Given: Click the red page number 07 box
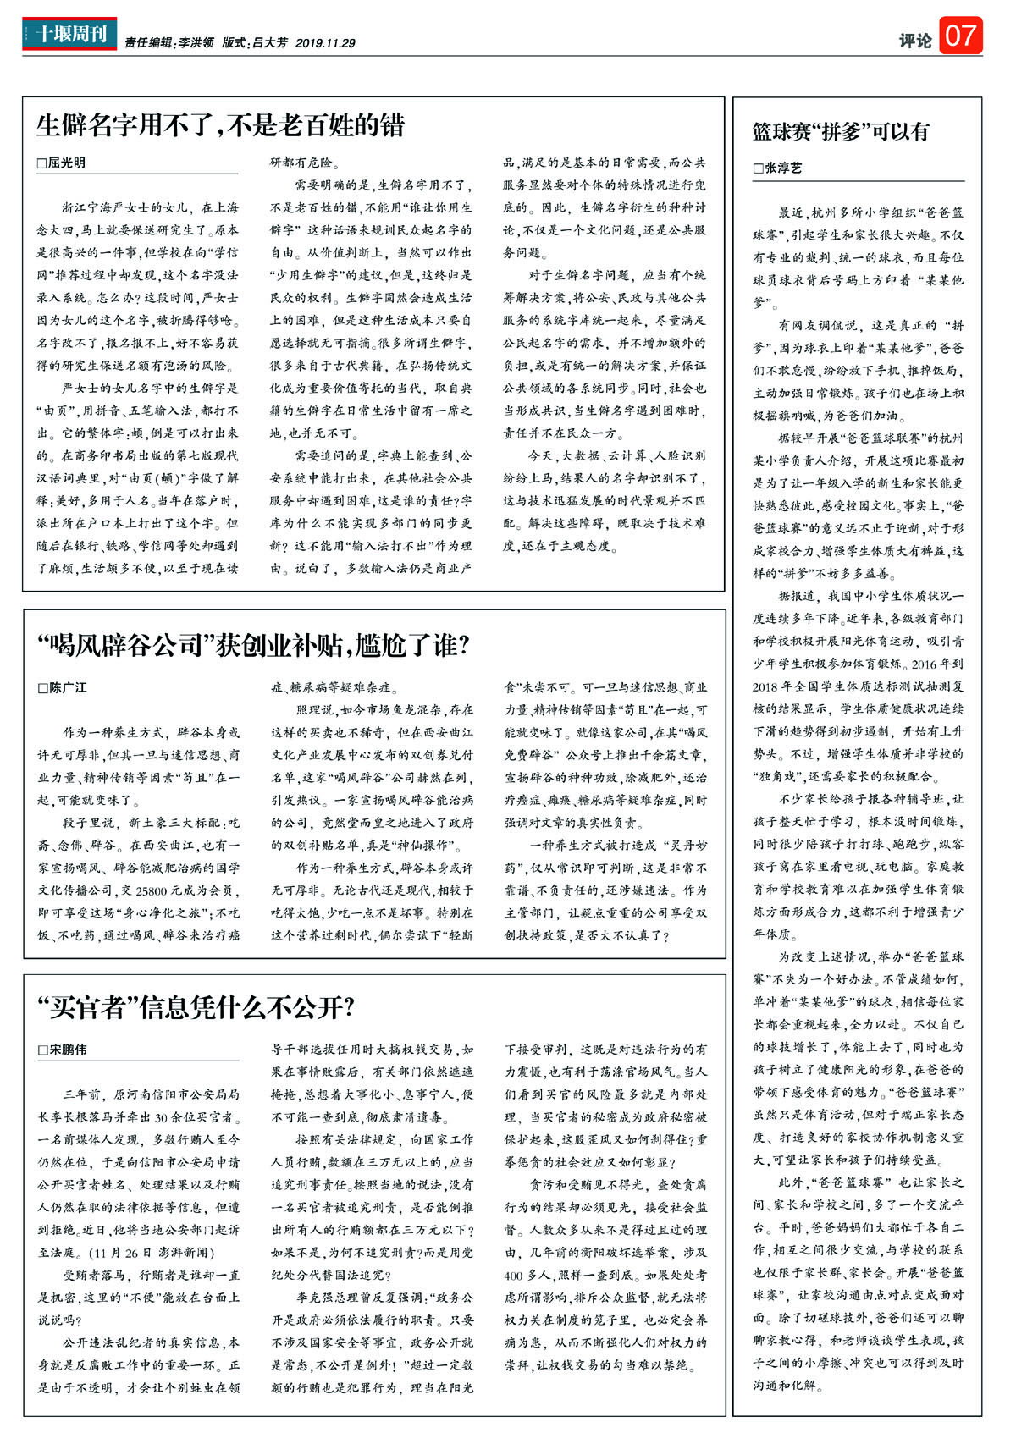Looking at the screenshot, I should tap(960, 36).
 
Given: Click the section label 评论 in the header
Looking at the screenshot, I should tap(915, 40).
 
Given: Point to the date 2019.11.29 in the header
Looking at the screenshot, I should tap(325, 43).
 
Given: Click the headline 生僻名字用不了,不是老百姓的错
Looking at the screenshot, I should tap(221, 125).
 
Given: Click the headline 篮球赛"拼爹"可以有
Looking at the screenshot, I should tap(841, 131).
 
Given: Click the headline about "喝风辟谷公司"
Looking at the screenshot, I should tap(253, 647).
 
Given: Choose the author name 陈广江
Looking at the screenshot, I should tap(68, 687).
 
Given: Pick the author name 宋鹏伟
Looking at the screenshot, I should tap(68, 1050).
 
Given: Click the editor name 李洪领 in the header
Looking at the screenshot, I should tap(196, 43).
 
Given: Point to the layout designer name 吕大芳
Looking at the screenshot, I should tap(270, 43).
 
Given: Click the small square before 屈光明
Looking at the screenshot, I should tap(41, 163).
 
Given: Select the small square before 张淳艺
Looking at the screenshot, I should tap(759, 168).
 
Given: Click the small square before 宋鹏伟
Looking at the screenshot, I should tap(42, 1050).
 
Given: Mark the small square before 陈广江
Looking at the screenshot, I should tap(42, 688).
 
